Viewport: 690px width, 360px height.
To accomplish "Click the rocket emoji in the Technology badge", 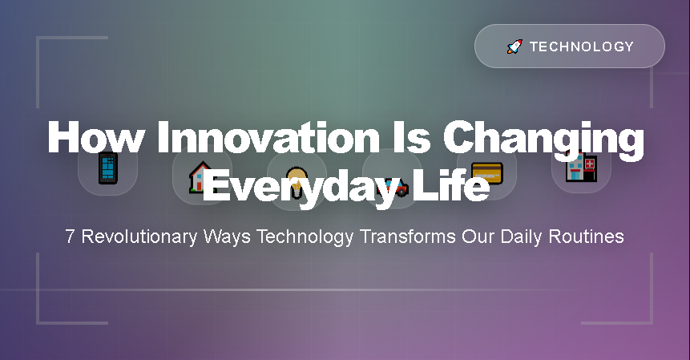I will coord(514,47).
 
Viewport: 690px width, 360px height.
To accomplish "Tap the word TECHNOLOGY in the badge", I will coord(582,47).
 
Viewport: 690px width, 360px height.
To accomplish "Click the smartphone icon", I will coord(107,169).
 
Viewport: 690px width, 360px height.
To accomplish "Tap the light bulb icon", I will coord(297,180).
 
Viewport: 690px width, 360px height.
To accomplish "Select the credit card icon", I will coord(486,171).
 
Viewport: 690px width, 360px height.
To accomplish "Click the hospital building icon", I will coord(581,169).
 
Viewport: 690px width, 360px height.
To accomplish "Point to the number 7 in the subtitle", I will coord(71,237).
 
